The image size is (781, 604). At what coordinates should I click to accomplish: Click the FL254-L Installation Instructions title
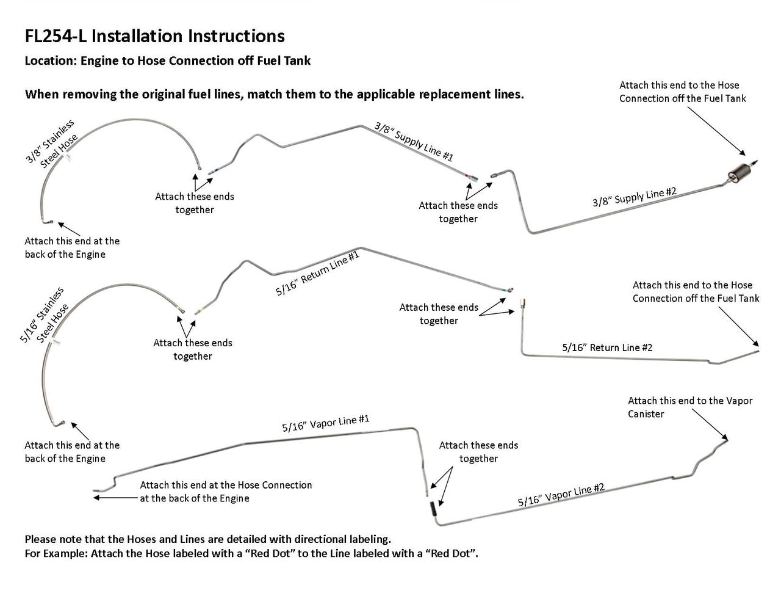[x=154, y=37]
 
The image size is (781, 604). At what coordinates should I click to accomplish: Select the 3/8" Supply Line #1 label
[x=414, y=142]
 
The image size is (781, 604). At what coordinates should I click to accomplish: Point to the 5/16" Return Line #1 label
[x=317, y=273]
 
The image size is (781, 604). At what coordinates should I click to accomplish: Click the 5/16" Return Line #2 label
[x=607, y=347]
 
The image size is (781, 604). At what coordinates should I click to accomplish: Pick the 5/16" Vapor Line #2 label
[x=561, y=495]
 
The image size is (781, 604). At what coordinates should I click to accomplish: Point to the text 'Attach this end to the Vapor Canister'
[x=689, y=407]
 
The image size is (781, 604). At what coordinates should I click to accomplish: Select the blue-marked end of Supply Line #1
[x=212, y=172]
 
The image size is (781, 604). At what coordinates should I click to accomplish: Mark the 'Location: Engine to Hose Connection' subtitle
[x=167, y=61]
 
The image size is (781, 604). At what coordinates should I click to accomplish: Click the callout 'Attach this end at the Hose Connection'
[x=225, y=492]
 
